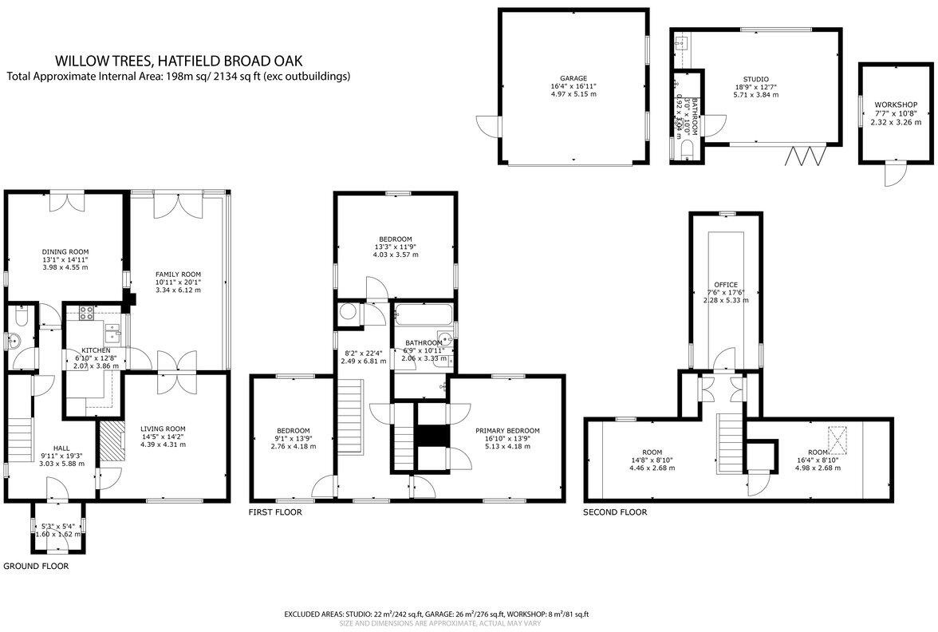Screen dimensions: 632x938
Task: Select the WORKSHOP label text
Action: click(895, 105)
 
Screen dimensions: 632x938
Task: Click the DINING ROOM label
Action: click(65, 249)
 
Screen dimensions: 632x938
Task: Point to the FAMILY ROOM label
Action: click(178, 274)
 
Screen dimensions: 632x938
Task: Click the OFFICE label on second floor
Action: click(726, 284)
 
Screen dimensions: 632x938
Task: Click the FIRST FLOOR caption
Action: click(275, 512)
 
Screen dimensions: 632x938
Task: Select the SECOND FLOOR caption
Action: click(614, 512)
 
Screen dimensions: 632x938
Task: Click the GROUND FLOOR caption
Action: click(36, 566)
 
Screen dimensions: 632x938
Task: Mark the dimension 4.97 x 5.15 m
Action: click(573, 94)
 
